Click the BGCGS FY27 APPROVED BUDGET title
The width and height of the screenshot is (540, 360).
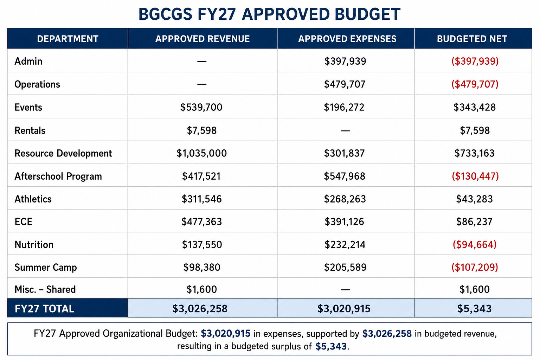[270, 14]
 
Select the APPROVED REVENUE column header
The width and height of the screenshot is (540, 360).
[202, 39]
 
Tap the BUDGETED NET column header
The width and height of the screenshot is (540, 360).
[472, 39]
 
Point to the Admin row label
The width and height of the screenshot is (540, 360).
[28, 61]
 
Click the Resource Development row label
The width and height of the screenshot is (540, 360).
[63, 153]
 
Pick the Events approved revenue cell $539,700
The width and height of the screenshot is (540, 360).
[201, 107]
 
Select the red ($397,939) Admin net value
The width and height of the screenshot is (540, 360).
[475, 61]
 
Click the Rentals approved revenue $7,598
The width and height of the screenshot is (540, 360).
[202, 130]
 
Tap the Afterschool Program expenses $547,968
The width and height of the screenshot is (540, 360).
[345, 176]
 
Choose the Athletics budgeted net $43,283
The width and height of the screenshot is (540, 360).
[474, 199]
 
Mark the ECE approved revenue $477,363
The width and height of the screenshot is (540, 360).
[201, 221]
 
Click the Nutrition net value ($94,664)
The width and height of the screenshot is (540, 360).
[475, 244]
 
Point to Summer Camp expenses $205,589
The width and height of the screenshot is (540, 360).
[345, 267]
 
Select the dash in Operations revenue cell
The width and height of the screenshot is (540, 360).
[202, 84]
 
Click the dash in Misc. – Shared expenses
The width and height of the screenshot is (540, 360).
[345, 289]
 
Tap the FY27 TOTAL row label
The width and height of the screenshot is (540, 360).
[44, 309]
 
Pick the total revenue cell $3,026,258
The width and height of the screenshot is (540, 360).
[200, 309]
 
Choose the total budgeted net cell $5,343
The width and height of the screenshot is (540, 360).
[474, 309]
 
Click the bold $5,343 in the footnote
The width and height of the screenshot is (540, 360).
[331, 347]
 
